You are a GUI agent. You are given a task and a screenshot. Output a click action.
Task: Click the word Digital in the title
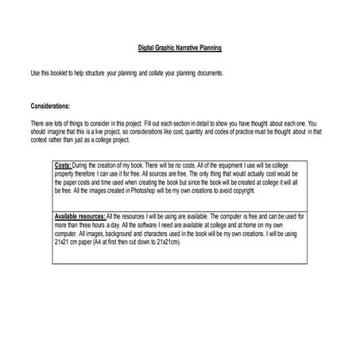tap(147, 48)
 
